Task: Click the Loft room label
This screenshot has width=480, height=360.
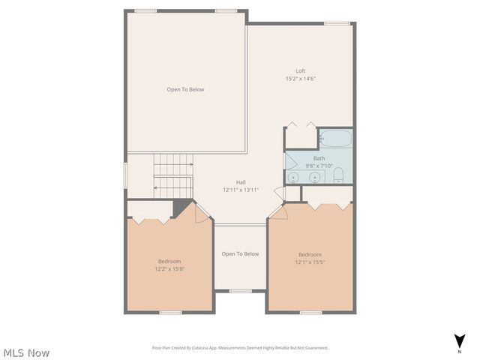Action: (300, 70)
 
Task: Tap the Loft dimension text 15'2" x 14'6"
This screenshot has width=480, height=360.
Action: (300, 79)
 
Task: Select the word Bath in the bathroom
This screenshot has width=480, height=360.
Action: (319, 158)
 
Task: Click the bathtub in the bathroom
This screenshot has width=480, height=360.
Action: (335, 138)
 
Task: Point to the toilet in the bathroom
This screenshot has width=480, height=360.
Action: (338, 176)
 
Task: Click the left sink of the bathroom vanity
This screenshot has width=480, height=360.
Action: (295, 177)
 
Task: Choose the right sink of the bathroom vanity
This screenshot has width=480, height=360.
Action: (315, 177)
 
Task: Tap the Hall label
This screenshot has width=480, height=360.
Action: (241, 182)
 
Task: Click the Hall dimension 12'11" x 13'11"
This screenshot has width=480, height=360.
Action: (241, 190)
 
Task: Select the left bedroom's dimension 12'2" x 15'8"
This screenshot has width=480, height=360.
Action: (169, 268)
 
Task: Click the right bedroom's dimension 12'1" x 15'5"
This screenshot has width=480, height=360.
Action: (310, 262)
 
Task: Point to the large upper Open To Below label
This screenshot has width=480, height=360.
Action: (185, 89)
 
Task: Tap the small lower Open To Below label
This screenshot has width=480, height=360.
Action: (240, 253)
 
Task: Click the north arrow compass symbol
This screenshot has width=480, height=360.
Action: (459, 341)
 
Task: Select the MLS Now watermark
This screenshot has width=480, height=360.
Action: (27, 352)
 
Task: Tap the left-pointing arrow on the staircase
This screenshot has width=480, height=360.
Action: (157, 188)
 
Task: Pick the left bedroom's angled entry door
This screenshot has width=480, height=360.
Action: (200, 213)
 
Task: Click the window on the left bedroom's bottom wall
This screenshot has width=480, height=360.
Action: (170, 312)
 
